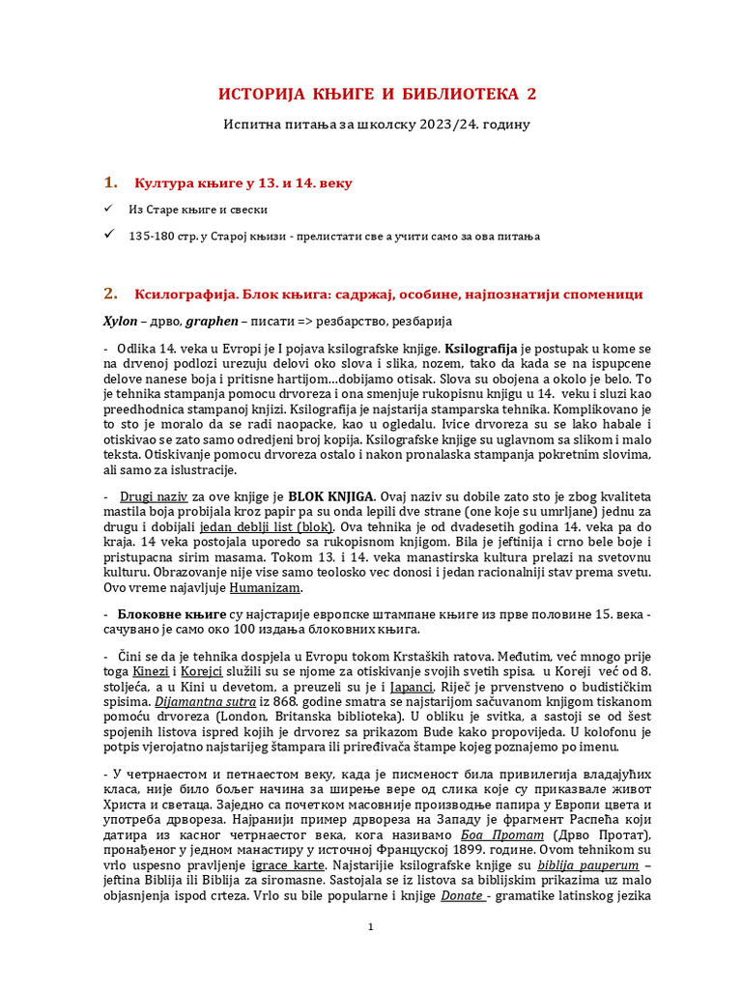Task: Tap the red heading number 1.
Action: click(110, 183)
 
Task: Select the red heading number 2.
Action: click(110, 294)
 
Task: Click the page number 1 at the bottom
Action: click(371, 927)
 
